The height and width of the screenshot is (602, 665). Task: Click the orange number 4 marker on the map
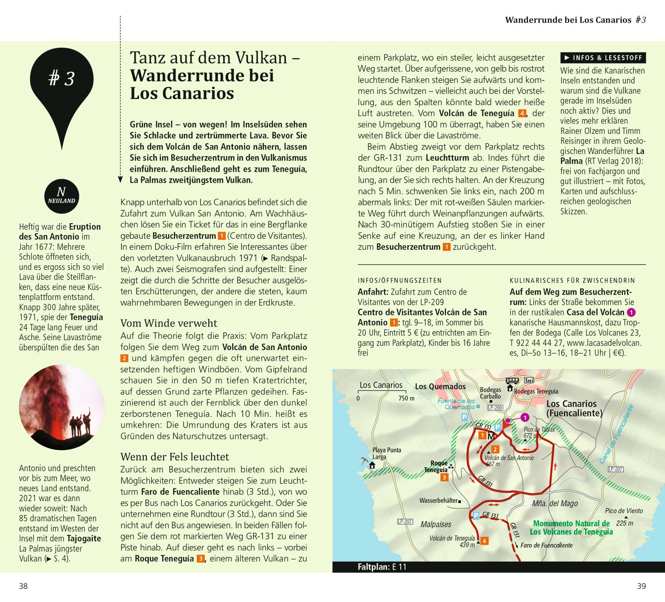[485, 541]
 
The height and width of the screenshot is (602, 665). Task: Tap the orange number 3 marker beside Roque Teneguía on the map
[444, 477]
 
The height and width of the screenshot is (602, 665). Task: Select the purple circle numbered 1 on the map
[525, 417]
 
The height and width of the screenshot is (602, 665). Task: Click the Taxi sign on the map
[529, 381]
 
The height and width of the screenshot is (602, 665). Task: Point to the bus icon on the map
[513, 380]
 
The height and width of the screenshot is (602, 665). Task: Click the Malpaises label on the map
[436, 524]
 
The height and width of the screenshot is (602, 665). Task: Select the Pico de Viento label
[624, 511]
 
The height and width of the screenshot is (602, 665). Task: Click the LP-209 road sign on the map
[495, 407]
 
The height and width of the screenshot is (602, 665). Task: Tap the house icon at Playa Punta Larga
[372, 465]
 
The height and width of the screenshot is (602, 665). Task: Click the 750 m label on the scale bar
[406, 398]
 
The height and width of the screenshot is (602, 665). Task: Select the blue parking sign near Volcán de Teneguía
[476, 515]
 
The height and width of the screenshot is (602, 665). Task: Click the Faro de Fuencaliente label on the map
[547, 545]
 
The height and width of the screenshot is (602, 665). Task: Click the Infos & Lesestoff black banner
[602, 58]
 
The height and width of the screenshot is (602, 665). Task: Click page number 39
[642, 586]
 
